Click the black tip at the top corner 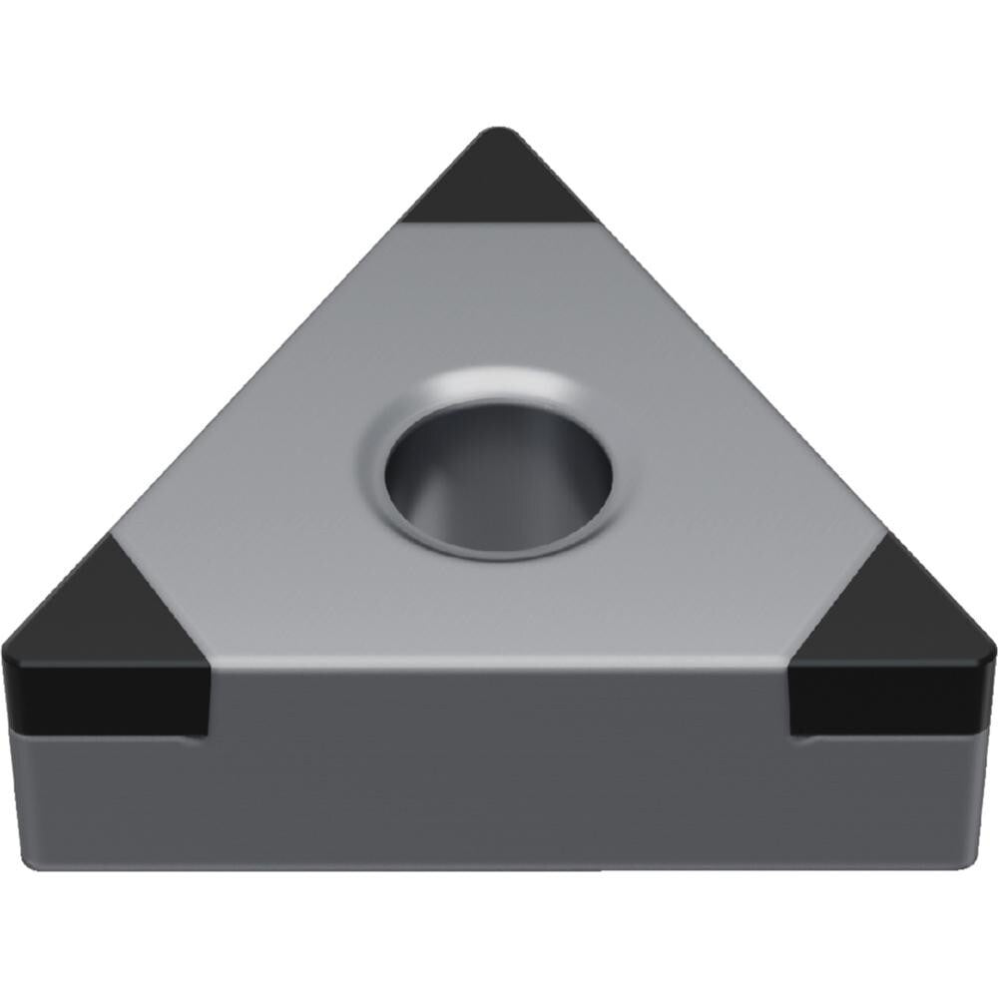(499, 185)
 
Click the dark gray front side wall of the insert (499, 768)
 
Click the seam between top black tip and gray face (499, 223)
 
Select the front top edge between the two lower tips (499, 661)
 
